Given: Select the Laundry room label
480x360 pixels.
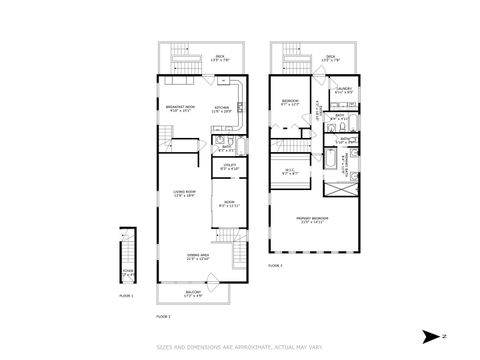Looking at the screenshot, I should click(x=345, y=91).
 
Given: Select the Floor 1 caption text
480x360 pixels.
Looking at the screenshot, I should click(x=126, y=297).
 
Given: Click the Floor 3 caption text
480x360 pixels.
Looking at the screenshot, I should click(x=275, y=267).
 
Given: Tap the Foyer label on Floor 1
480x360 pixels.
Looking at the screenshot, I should click(x=126, y=272).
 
